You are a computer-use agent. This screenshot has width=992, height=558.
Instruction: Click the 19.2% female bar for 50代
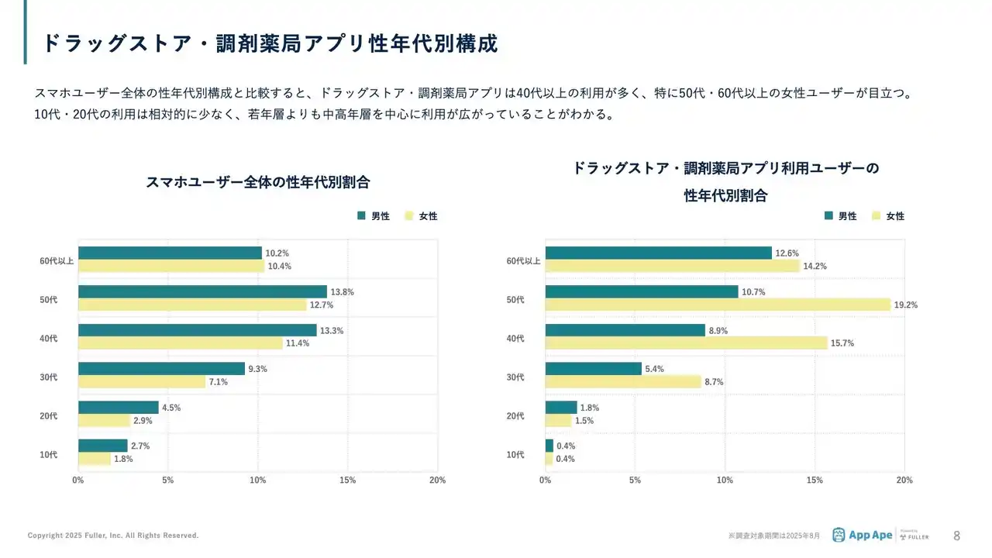pos(718,305)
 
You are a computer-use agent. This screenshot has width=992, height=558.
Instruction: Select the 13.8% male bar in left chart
pos(202,291)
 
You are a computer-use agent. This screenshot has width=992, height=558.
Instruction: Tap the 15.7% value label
pos(842,343)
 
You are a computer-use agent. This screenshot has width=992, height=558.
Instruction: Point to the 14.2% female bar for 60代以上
pos(672,266)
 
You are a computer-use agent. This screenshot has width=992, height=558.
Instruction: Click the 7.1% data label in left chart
pos(219,382)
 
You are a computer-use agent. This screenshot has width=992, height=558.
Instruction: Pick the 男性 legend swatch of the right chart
pos(829,216)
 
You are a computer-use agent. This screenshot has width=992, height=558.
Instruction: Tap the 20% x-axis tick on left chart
pos(437,480)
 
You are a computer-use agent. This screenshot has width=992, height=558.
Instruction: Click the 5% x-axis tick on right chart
pos(635,480)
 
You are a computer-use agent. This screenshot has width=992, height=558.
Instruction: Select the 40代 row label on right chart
pos(515,338)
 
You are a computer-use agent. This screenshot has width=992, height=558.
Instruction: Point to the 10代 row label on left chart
pos(49,454)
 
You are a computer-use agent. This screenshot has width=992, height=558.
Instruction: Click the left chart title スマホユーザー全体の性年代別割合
pos(258,183)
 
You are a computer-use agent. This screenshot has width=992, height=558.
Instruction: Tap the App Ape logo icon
pos(839,535)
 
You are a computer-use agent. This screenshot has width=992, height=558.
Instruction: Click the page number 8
pos(956,536)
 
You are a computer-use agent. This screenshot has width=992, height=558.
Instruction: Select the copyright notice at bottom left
pos(113,536)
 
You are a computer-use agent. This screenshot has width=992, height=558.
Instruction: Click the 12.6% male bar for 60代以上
pos(659,253)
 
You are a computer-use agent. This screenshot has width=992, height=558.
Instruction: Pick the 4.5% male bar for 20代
pos(119,407)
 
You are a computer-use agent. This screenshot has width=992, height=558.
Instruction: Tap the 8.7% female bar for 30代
pos(623,381)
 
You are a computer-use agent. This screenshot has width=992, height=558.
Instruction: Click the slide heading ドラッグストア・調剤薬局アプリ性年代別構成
pos(270,43)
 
